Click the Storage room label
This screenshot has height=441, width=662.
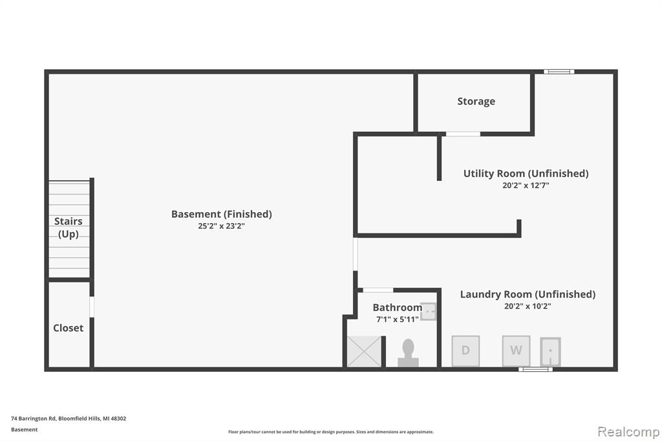(476, 102)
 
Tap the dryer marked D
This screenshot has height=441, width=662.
(465, 350)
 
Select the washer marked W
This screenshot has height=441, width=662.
(516, 350)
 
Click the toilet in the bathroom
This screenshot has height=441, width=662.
(408, 352)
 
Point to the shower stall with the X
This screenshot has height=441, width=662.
(364, 352)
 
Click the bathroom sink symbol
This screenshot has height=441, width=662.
(428, 311)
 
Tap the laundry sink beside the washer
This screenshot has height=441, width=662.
(551, 352)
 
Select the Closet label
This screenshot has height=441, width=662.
(68, 328)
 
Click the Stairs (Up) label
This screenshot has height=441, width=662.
(69, 227)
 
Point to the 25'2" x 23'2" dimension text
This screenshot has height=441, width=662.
(221, 226)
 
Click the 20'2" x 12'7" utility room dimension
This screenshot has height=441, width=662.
(526, 185)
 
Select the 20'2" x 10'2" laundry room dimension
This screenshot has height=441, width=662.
(528, 306)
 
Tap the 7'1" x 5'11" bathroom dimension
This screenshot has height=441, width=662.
(398, 319)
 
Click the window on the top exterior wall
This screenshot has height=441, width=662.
(559, 72)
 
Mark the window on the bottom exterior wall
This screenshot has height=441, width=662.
(535, 369)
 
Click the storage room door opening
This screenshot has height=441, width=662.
(463, 134)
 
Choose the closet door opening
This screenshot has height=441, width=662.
(92, 307)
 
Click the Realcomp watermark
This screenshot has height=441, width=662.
(628, 431)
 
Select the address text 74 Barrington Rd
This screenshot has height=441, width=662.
(34, 418)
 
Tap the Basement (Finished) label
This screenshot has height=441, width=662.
(221, 214)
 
